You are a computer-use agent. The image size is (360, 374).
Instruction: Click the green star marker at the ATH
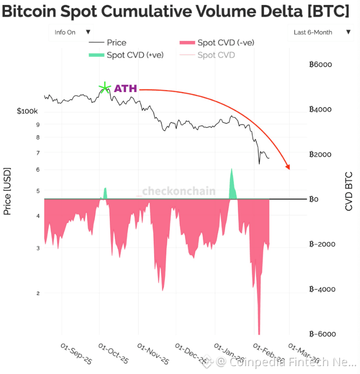tap(104, 89)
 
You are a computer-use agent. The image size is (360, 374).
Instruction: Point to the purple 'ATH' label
tap(126, 89)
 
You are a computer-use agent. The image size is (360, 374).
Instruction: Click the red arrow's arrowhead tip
tap(288, 169)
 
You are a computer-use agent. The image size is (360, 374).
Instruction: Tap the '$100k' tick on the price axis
tap(27, 112)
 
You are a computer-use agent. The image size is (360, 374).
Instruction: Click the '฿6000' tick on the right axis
tap(321, 64)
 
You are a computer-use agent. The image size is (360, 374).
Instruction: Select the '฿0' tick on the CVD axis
tap(314, 199)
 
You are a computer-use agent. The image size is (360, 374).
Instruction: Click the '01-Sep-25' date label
tap(76, 354)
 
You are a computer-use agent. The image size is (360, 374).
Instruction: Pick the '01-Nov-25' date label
tap(153, 354)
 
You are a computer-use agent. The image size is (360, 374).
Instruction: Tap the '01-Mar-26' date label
tap(304, 354)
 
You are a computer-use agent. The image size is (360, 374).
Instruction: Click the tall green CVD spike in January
tap(231, 185)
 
